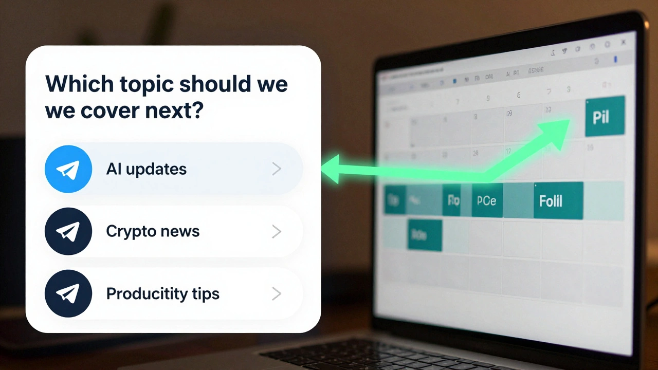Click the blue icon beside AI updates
68,169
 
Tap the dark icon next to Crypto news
68,231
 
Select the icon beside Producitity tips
68,293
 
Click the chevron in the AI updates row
277,169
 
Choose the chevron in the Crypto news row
277,231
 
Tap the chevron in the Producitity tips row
277,293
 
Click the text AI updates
146,169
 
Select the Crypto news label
153,231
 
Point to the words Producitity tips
162,294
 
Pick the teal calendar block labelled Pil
605,117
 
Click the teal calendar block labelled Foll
557,200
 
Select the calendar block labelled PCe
486,200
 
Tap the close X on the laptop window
623,42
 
